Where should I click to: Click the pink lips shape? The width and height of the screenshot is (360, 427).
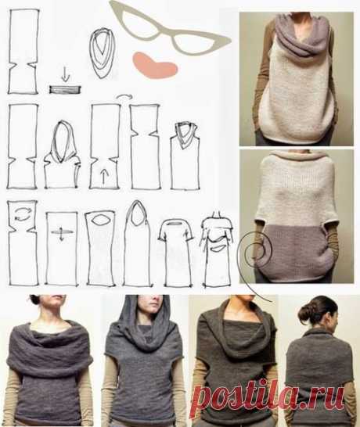coord(154,66)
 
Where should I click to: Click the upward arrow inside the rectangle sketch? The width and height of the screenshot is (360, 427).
coord(103,176)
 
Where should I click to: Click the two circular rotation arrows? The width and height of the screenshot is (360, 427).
coord(21,213)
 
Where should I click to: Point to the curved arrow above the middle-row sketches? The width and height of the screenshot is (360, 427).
coord(124,96)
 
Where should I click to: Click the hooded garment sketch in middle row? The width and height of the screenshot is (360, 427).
coord(62,155)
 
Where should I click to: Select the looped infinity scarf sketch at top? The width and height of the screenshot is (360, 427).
coord(102,53)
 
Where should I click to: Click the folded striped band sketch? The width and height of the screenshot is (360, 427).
coord(65,89)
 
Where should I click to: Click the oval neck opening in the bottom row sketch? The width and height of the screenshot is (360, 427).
coord(99,220)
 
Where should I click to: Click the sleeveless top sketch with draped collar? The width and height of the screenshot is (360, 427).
coord(185,156)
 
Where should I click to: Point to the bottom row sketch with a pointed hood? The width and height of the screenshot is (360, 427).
coord(137,244)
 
